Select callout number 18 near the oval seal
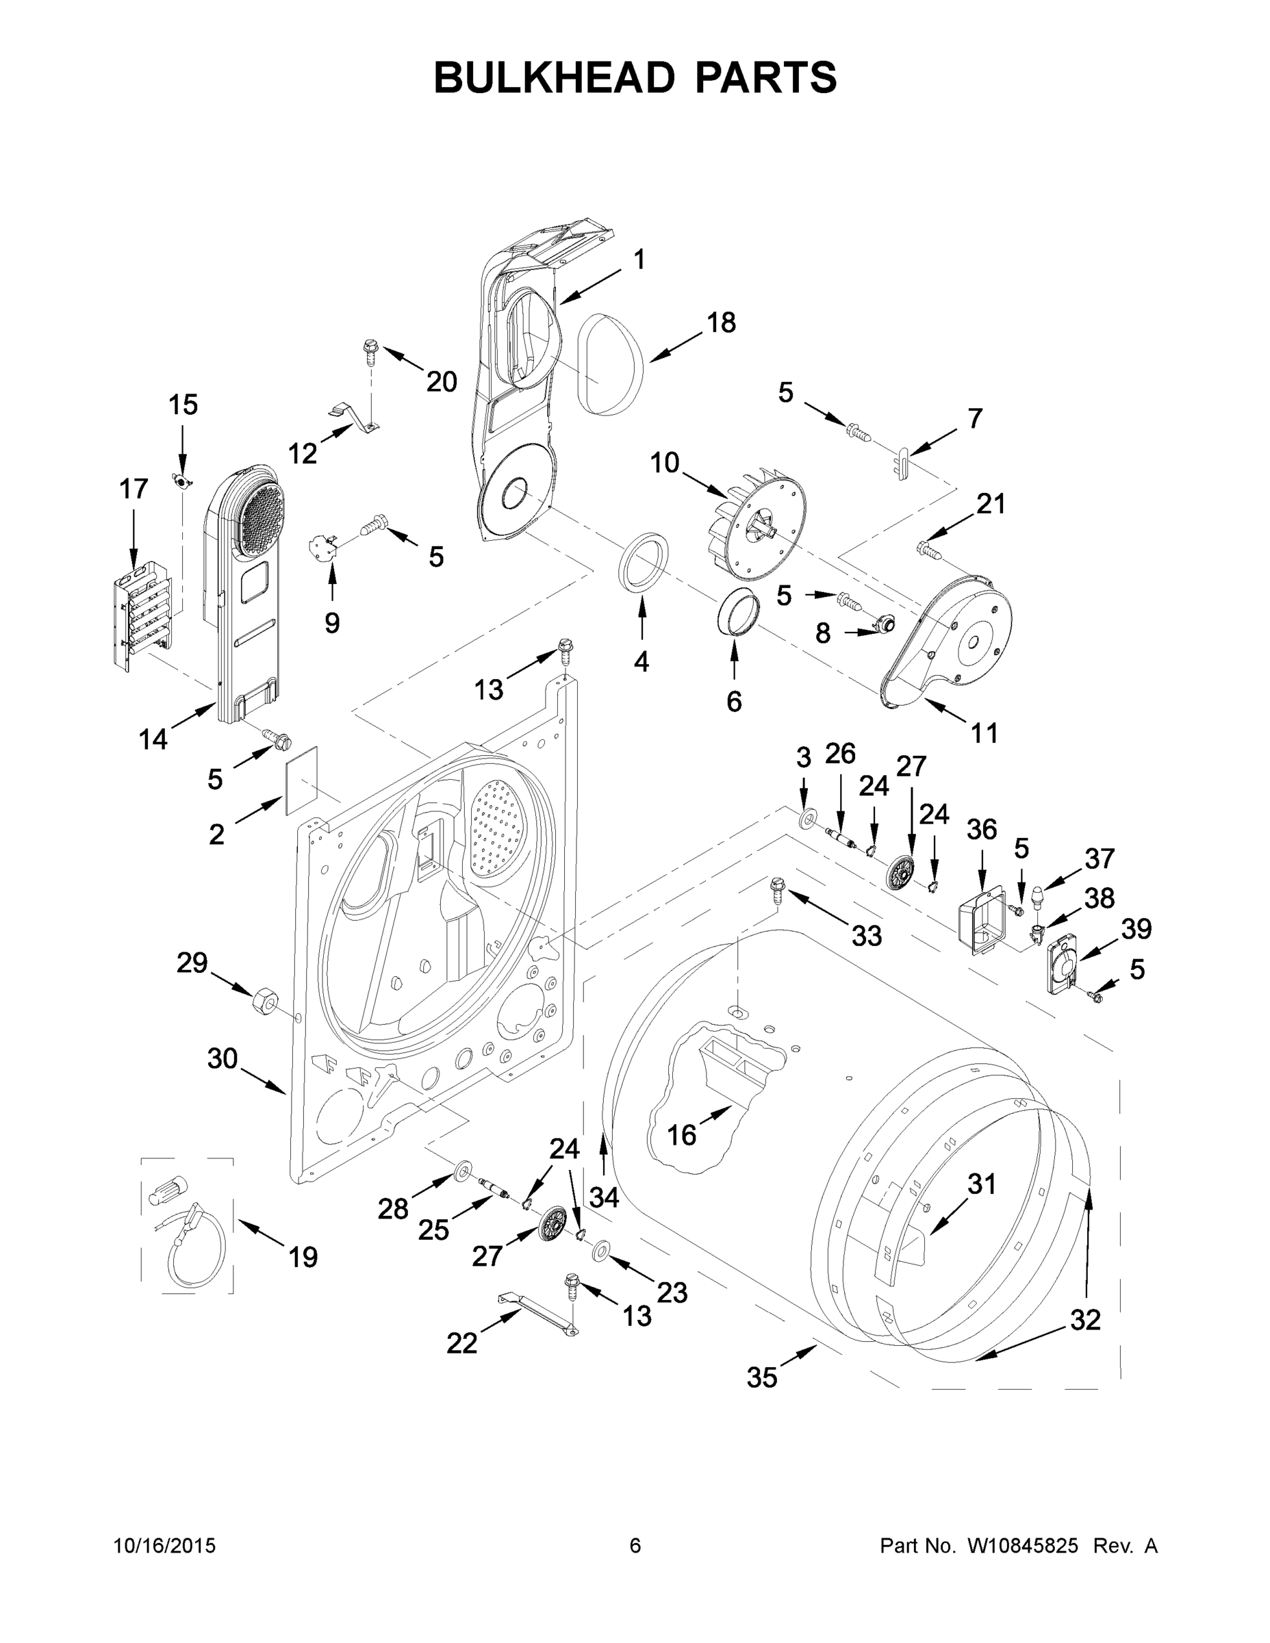pyautogui.click(x=721, y=322)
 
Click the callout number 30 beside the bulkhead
pyautogui.click(x=223, y=1058)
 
